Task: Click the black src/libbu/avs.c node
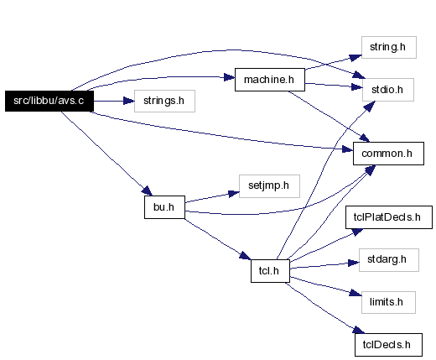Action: click(49, 101)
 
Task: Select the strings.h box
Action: click(164, 101)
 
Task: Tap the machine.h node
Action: click(270, 80)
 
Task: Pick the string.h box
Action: click(389, 47)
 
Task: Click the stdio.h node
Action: click(388, 90)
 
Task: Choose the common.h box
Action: click(388, 154)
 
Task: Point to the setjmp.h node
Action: click(269, 186)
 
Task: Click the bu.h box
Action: click(164, 207)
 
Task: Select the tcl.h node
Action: click(270, 271)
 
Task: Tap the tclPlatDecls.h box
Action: click(389, 217)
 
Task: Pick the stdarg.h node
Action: click(389, 260)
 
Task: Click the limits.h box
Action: click(388, 302)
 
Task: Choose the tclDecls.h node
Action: click(388, 345)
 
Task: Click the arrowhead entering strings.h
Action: click(129, 101)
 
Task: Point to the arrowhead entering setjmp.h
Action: click(234, 193)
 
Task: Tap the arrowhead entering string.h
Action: click(356, 57)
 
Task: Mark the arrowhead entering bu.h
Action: click(147, 191)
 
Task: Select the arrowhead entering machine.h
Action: click(230, 77)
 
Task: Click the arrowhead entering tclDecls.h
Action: click(359, 330)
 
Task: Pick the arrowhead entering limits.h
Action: click(356, 293)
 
